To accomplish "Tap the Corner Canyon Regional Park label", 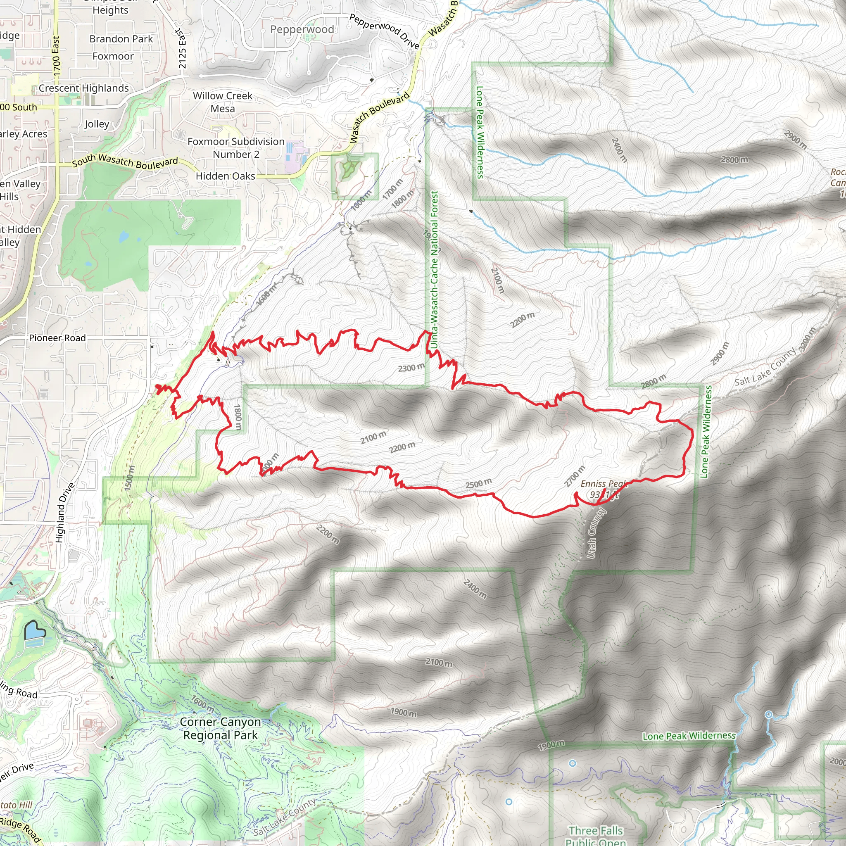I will (x=220, y=728).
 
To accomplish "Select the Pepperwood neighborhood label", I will (x=302, y=29).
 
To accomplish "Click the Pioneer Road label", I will (x=57, y=337).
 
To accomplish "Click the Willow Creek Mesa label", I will (x=223, y=102).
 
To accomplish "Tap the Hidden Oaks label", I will (x=225, y=176).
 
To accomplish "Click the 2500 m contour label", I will (x=478, y=483).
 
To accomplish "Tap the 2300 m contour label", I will (x=411, y=367).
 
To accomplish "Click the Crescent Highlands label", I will (x=83, y=88).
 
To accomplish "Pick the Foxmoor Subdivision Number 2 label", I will (x=236, y=147).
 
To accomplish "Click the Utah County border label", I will (x=596, y=533).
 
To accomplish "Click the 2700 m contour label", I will (x=574, y=476).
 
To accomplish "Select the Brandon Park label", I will (x=121, y=39).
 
